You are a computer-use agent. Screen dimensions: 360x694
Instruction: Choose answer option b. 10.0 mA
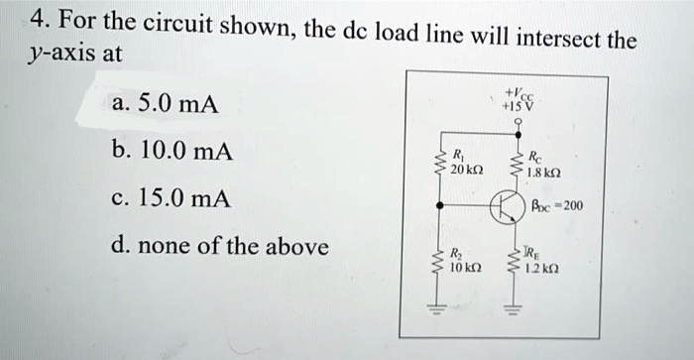point(171,153)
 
